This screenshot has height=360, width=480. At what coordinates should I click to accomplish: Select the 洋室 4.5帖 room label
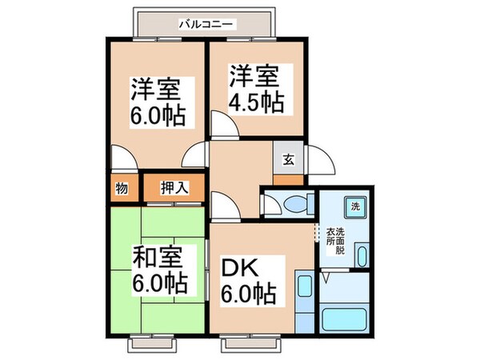257,91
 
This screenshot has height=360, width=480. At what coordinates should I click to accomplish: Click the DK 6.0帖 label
248,279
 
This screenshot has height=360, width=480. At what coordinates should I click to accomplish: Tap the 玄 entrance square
288,158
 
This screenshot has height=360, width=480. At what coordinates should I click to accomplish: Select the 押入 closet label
174,189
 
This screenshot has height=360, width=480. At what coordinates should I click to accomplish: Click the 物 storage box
121,189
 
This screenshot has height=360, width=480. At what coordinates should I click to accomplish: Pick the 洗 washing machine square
355,208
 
